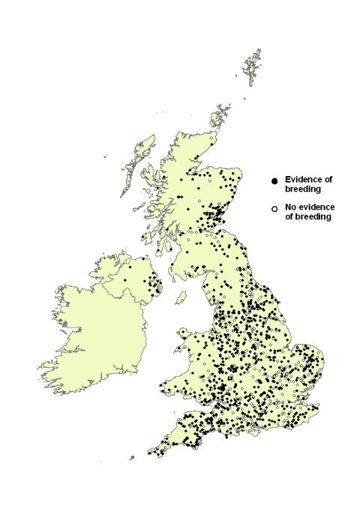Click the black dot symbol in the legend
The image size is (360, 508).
(275, 181)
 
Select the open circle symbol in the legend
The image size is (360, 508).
(275, 208)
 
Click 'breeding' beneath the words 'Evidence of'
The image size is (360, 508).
(301, 190)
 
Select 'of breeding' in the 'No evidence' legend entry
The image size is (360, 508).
(307, 217)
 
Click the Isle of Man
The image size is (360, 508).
(181, 297)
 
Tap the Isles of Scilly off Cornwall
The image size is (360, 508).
(133, 457)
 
